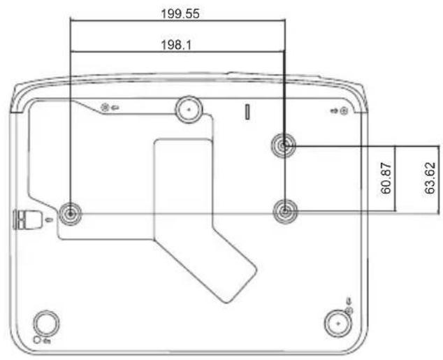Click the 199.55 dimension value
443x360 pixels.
pyautogui.click(x=180, y=13)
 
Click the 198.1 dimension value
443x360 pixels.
pyautogui.click(x=176, y=45)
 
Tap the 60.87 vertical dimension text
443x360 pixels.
pyautogui.click(x=386, y=178)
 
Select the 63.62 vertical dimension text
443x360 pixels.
pyautogui.click(x=430, y=178)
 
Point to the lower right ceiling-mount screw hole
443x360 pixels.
pyautogui.click(x=285, y=211)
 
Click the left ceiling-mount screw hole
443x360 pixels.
pyautogui.click(x=71, y=214)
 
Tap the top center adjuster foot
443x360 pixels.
pyautogui.click(x=189, y=109)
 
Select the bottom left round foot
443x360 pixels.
pyautogui.click(x=46, y=323)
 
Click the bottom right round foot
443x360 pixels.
pyautogui.click(x=338, y=324)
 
